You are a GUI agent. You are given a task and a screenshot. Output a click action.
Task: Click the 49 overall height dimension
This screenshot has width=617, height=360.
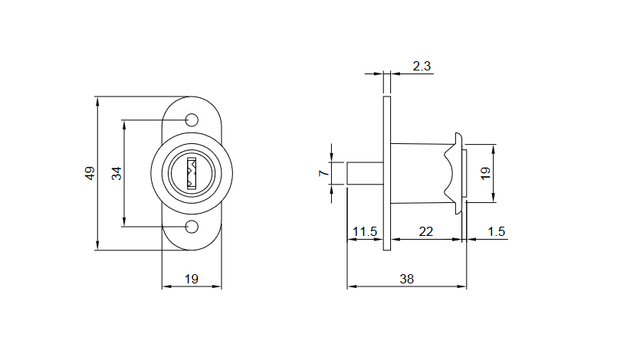click(90, 173)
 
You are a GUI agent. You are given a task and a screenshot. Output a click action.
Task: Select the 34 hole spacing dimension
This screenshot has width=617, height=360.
click(117, 173)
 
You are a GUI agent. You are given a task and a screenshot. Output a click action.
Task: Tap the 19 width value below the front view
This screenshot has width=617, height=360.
click(192, 279)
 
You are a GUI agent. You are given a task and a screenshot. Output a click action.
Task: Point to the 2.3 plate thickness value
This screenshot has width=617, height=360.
click(422, 66)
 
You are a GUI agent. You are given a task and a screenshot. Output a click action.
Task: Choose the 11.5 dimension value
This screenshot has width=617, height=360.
click(364, 231)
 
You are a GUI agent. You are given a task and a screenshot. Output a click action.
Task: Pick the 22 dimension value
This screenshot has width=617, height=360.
click(427, 231)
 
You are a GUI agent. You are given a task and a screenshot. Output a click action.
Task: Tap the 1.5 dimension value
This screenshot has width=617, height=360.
click(496, 231)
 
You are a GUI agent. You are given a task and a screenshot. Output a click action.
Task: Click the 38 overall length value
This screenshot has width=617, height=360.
click(406, 279)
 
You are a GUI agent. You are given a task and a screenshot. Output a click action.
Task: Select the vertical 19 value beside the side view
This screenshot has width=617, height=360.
click(484, 173)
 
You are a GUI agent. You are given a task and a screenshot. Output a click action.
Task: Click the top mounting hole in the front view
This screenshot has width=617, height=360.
click(192, 119)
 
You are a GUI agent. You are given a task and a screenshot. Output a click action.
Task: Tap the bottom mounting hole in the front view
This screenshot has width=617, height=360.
click(192, 226)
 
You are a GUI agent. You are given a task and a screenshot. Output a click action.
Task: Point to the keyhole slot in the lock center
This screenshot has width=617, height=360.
click(192, 173)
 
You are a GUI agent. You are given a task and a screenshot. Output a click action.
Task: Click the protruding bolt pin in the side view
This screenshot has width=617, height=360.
click(364, 173)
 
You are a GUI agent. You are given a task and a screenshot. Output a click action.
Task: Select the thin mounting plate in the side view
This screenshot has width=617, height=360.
click(387, 173)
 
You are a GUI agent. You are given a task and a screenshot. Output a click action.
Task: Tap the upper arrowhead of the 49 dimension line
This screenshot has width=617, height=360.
click(97, 100)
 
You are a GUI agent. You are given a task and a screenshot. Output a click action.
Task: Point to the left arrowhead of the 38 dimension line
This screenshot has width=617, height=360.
click(351, 287)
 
